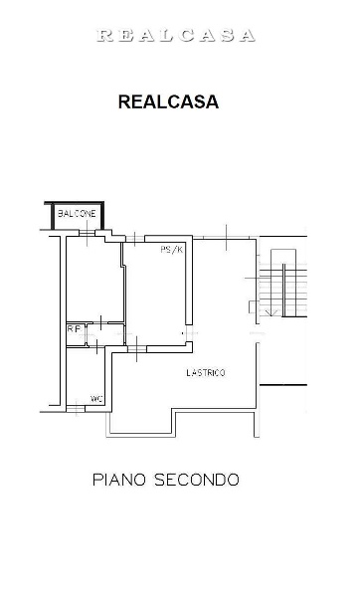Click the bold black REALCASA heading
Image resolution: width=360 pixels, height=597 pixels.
click(x=168, y=101)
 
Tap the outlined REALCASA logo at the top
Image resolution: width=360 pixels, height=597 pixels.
click(x=175, y=36)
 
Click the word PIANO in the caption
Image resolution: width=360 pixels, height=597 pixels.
click(x=119, y=480)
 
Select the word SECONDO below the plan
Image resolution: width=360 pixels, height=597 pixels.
click(x=196, y=480)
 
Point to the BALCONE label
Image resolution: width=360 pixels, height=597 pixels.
click(x=77, y=214)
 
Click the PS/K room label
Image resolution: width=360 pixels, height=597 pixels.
click(x=172, y=250)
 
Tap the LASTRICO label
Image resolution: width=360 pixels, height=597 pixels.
click(x=206, y=373)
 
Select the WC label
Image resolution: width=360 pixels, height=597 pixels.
click(x=96, y=399)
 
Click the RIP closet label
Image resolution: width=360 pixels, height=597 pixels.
click(x=75, y=328)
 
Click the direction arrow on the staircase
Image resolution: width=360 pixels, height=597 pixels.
click(x=271, y=312)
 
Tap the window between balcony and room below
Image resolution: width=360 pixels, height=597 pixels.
click(x=87, y=233)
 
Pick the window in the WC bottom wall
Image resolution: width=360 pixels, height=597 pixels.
click(x=76, y=409)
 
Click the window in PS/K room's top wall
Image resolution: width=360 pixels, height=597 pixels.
click(x=135, y=239)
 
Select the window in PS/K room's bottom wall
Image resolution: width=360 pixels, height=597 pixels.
click(x=137, y=349)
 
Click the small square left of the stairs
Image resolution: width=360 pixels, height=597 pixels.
click(x=252, y=306)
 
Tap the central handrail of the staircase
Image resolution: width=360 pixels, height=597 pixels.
click(x=283, y=291)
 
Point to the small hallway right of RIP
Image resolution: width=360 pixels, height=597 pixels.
click(x=105, y=334)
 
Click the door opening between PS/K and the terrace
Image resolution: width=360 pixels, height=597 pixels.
click(x=190, y=333)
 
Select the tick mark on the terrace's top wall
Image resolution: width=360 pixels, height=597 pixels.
click(x=226, y=238)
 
